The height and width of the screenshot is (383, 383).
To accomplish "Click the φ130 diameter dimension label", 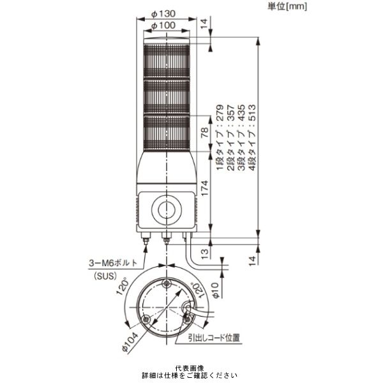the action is click(163, 13).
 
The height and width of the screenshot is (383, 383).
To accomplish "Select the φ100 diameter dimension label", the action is click(163, 26).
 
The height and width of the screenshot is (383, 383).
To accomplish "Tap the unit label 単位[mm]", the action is click(287, 6).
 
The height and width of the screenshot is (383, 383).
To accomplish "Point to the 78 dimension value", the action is click(205, 132).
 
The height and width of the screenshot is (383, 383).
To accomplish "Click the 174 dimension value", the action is click(204, 188).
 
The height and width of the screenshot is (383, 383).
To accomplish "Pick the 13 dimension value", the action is click(205, 253).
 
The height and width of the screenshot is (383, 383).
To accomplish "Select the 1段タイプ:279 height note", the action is click(220, 137).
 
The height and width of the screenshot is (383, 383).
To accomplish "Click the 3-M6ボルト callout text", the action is click(113, 263).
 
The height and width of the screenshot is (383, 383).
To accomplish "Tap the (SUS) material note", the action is click(105, 276).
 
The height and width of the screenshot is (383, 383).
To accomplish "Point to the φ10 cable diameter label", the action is click(216, 290).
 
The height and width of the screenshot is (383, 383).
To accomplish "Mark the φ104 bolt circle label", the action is click(130, 342).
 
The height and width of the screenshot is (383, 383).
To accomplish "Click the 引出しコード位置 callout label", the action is click(214, 338).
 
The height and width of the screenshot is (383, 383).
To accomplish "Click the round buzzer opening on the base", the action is click(167, 209).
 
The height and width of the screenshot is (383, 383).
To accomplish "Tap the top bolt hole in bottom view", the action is click(167, 283).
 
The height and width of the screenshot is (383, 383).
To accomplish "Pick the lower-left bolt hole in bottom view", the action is click(146, 319).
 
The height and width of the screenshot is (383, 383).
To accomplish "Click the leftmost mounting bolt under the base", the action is click(146, 238).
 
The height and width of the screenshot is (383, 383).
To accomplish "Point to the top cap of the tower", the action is click(167, 41).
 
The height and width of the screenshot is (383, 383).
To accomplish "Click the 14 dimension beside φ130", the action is click(204, 24).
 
